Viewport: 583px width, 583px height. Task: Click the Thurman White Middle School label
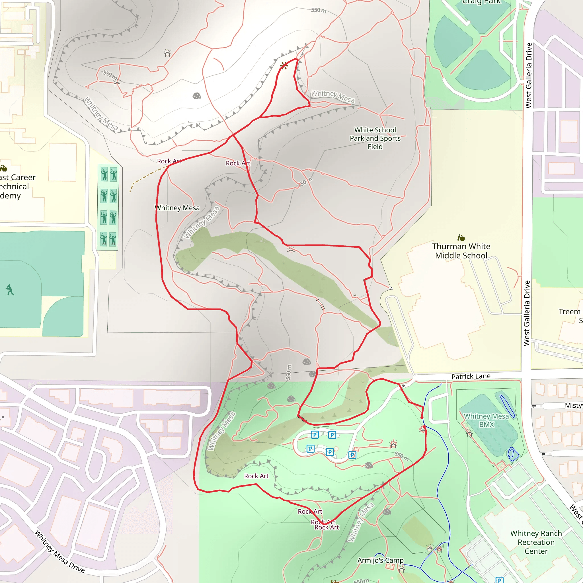click(461, 251)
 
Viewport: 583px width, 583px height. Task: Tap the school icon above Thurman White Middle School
click(461, 238)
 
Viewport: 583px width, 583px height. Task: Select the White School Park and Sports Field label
click(375, 138)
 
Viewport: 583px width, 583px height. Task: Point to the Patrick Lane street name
click(471, 376)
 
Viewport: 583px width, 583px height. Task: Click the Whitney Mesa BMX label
click(486, 420)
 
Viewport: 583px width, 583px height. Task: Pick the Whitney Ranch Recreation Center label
click(536, 542)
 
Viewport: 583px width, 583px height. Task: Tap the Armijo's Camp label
click(380, 560)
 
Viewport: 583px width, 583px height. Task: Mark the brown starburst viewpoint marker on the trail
click(284, 66)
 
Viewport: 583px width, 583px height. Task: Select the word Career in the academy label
click(23, 177)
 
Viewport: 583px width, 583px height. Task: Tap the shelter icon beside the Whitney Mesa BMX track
click(469, 433)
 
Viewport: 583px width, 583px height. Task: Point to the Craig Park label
click(481, 2)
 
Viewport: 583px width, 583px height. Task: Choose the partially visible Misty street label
click(574, 405)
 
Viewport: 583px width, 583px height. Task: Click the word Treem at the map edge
click(569, 312)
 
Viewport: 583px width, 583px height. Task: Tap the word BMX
click(486, 424)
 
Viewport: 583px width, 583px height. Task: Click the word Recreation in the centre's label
click(536, 542)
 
